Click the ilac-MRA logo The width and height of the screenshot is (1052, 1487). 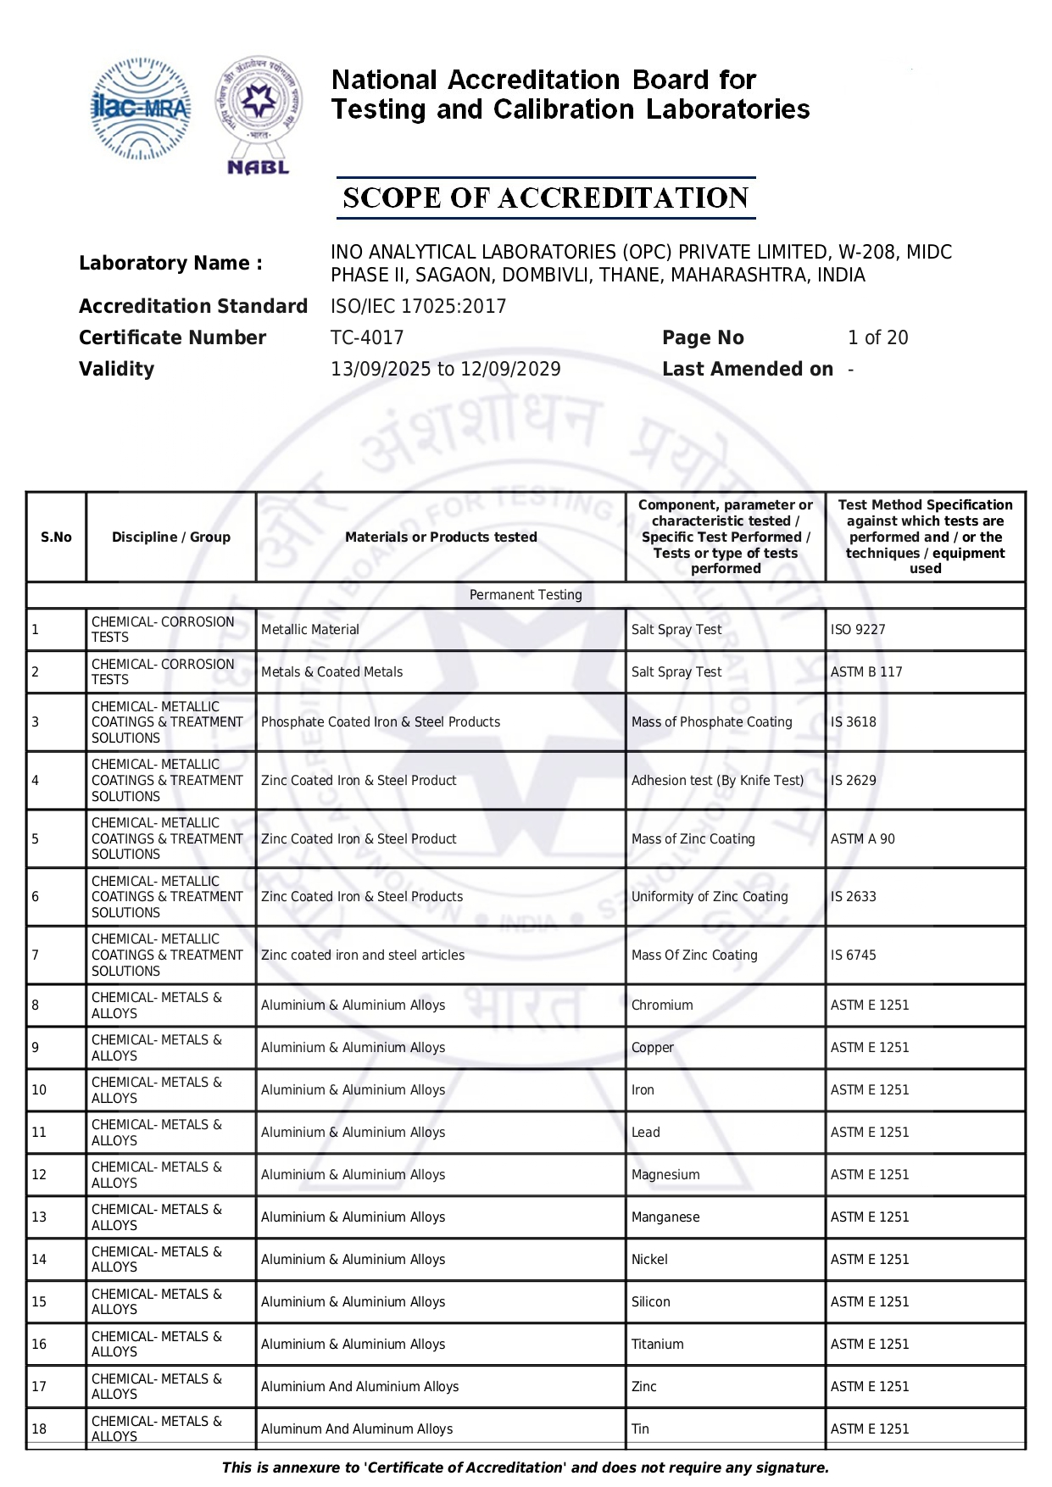pyautogui.click(x=141, y=109)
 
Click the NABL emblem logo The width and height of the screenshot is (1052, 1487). pyautogui.click(x=259, y=115)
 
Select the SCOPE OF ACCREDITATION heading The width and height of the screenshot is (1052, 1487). pyautogui.click(x=546, y=198)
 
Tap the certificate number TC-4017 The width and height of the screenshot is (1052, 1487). pyautogui.click(x=367, y=337)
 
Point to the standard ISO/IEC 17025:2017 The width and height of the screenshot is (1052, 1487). pyautogui.click(x=418, y=306)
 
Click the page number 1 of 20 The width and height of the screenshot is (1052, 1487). pyautogui.click(x=877, y=337)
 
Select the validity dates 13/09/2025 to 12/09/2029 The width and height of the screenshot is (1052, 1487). pyautogui.click(x=445, y=369)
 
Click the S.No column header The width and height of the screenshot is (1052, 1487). pyautogui.click(x=56, y=537)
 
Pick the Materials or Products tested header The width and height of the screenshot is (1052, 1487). pyautogui.click(x=441, y=537)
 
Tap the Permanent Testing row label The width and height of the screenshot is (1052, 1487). pyautogui.click(x=526, y=595)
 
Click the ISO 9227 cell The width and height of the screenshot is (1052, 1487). pyautogui.click(x=858, y=630)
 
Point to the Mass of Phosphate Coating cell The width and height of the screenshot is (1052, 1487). pyautogui.click(x=711, y=722)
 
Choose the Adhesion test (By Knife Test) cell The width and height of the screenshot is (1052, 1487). pyautogui.click(x=717, y=781)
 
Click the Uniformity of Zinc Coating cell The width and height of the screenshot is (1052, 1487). pyautogui.click(x=710, y=897)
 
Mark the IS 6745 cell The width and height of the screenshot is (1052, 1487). pyautogui.click(x=854, y=955)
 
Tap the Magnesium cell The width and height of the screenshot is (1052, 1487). pyautogui.click(x=665, y=1175)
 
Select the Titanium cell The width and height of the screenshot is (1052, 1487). pyautogui.click(x=657, y=1345)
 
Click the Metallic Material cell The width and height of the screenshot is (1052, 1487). pyautogui.click(x=310, y=630)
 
